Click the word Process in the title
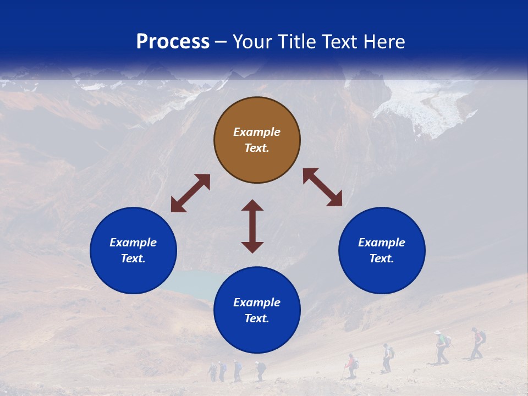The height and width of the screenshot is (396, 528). (x=173, y=42)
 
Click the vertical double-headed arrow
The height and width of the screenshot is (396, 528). (x=252, y=226)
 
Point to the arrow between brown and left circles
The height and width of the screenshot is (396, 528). (x=190, y=193)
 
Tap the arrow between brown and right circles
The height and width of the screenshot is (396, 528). (x=322, y=187)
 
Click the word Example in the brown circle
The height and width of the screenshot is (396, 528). (x=257, y=132)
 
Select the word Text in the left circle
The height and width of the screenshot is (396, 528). (x=133, y=258)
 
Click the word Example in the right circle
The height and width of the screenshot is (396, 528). (x=382, y=243)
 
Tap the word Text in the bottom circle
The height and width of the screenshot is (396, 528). (x=256, y=318)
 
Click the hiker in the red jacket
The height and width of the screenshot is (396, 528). (x=350, y=365)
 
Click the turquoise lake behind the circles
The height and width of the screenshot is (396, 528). (x=190, y=283)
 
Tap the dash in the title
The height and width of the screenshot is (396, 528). (x=221, y=42)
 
